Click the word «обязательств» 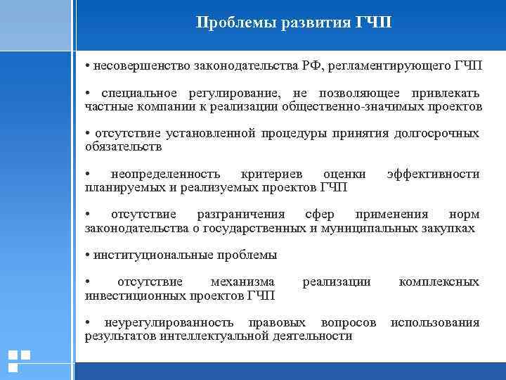tap(123, 147)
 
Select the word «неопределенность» tap(165, 174)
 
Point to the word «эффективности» tap(433, 174)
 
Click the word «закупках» tap(450, 228)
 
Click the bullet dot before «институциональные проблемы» tap(88, 255)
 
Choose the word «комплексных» tap(439, 281)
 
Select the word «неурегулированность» tap(169, 322)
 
